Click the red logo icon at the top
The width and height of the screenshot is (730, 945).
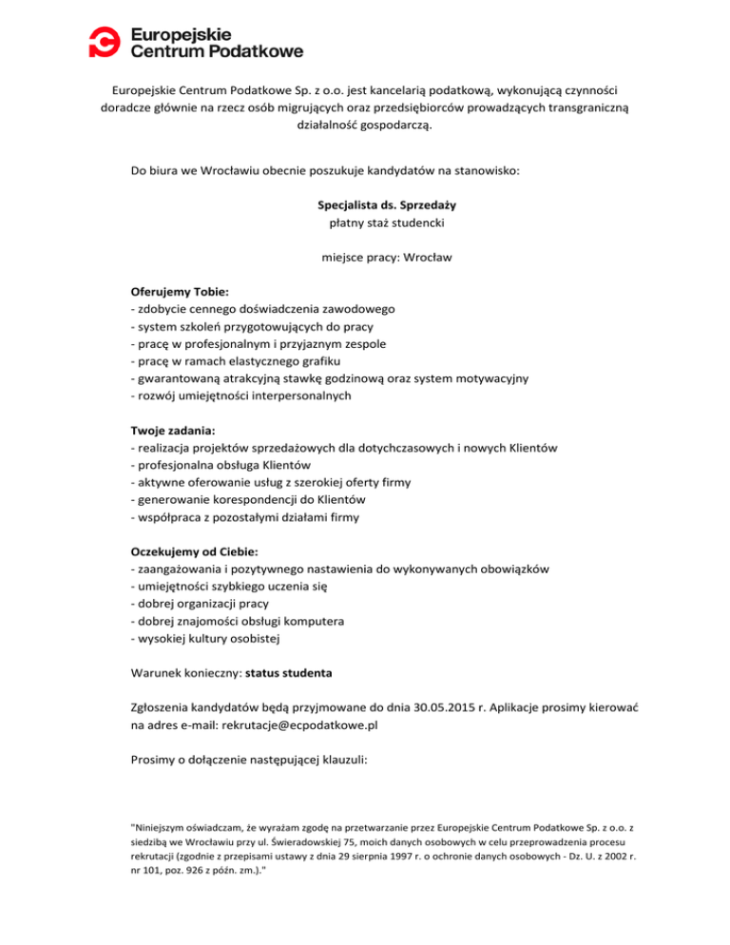(106, 41)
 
